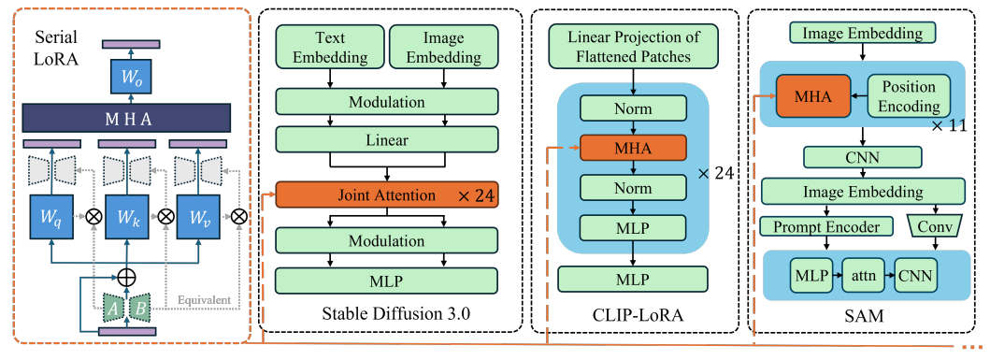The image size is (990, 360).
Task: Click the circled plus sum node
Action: tap(125, 278)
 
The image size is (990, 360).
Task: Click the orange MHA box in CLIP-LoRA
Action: tap(634, 147)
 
